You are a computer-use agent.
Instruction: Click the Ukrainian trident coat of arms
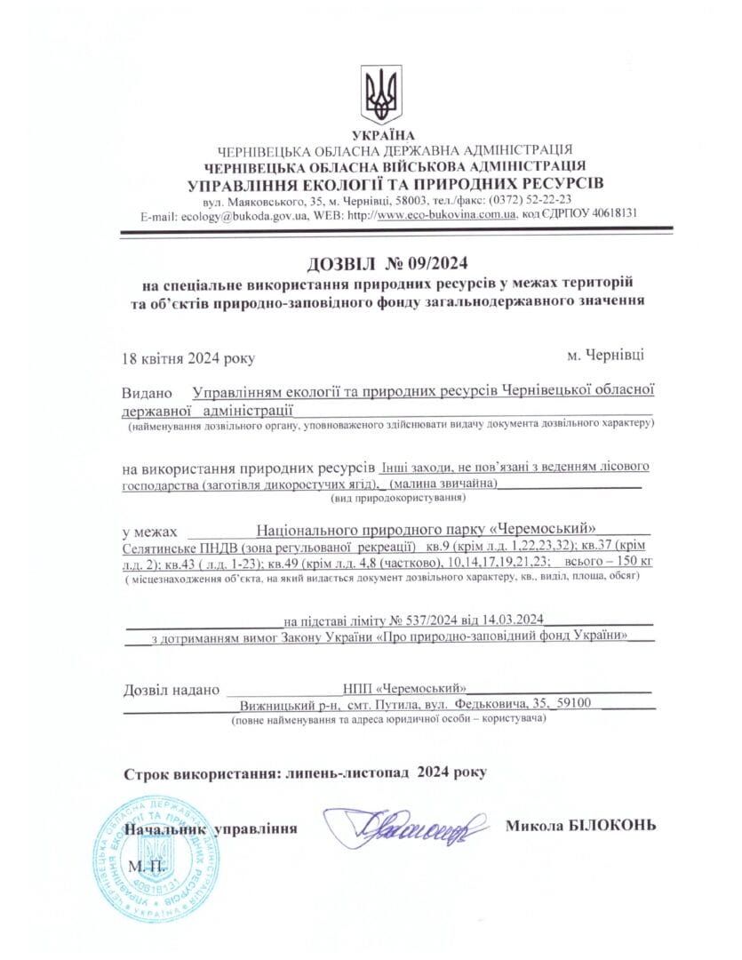point(382,94)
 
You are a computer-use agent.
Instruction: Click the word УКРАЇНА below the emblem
point(382,135)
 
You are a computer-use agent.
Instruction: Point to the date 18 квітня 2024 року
point(188,358)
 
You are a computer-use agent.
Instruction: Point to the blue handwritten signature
point(405,828)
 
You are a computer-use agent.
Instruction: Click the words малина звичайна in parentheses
point(444,484)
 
